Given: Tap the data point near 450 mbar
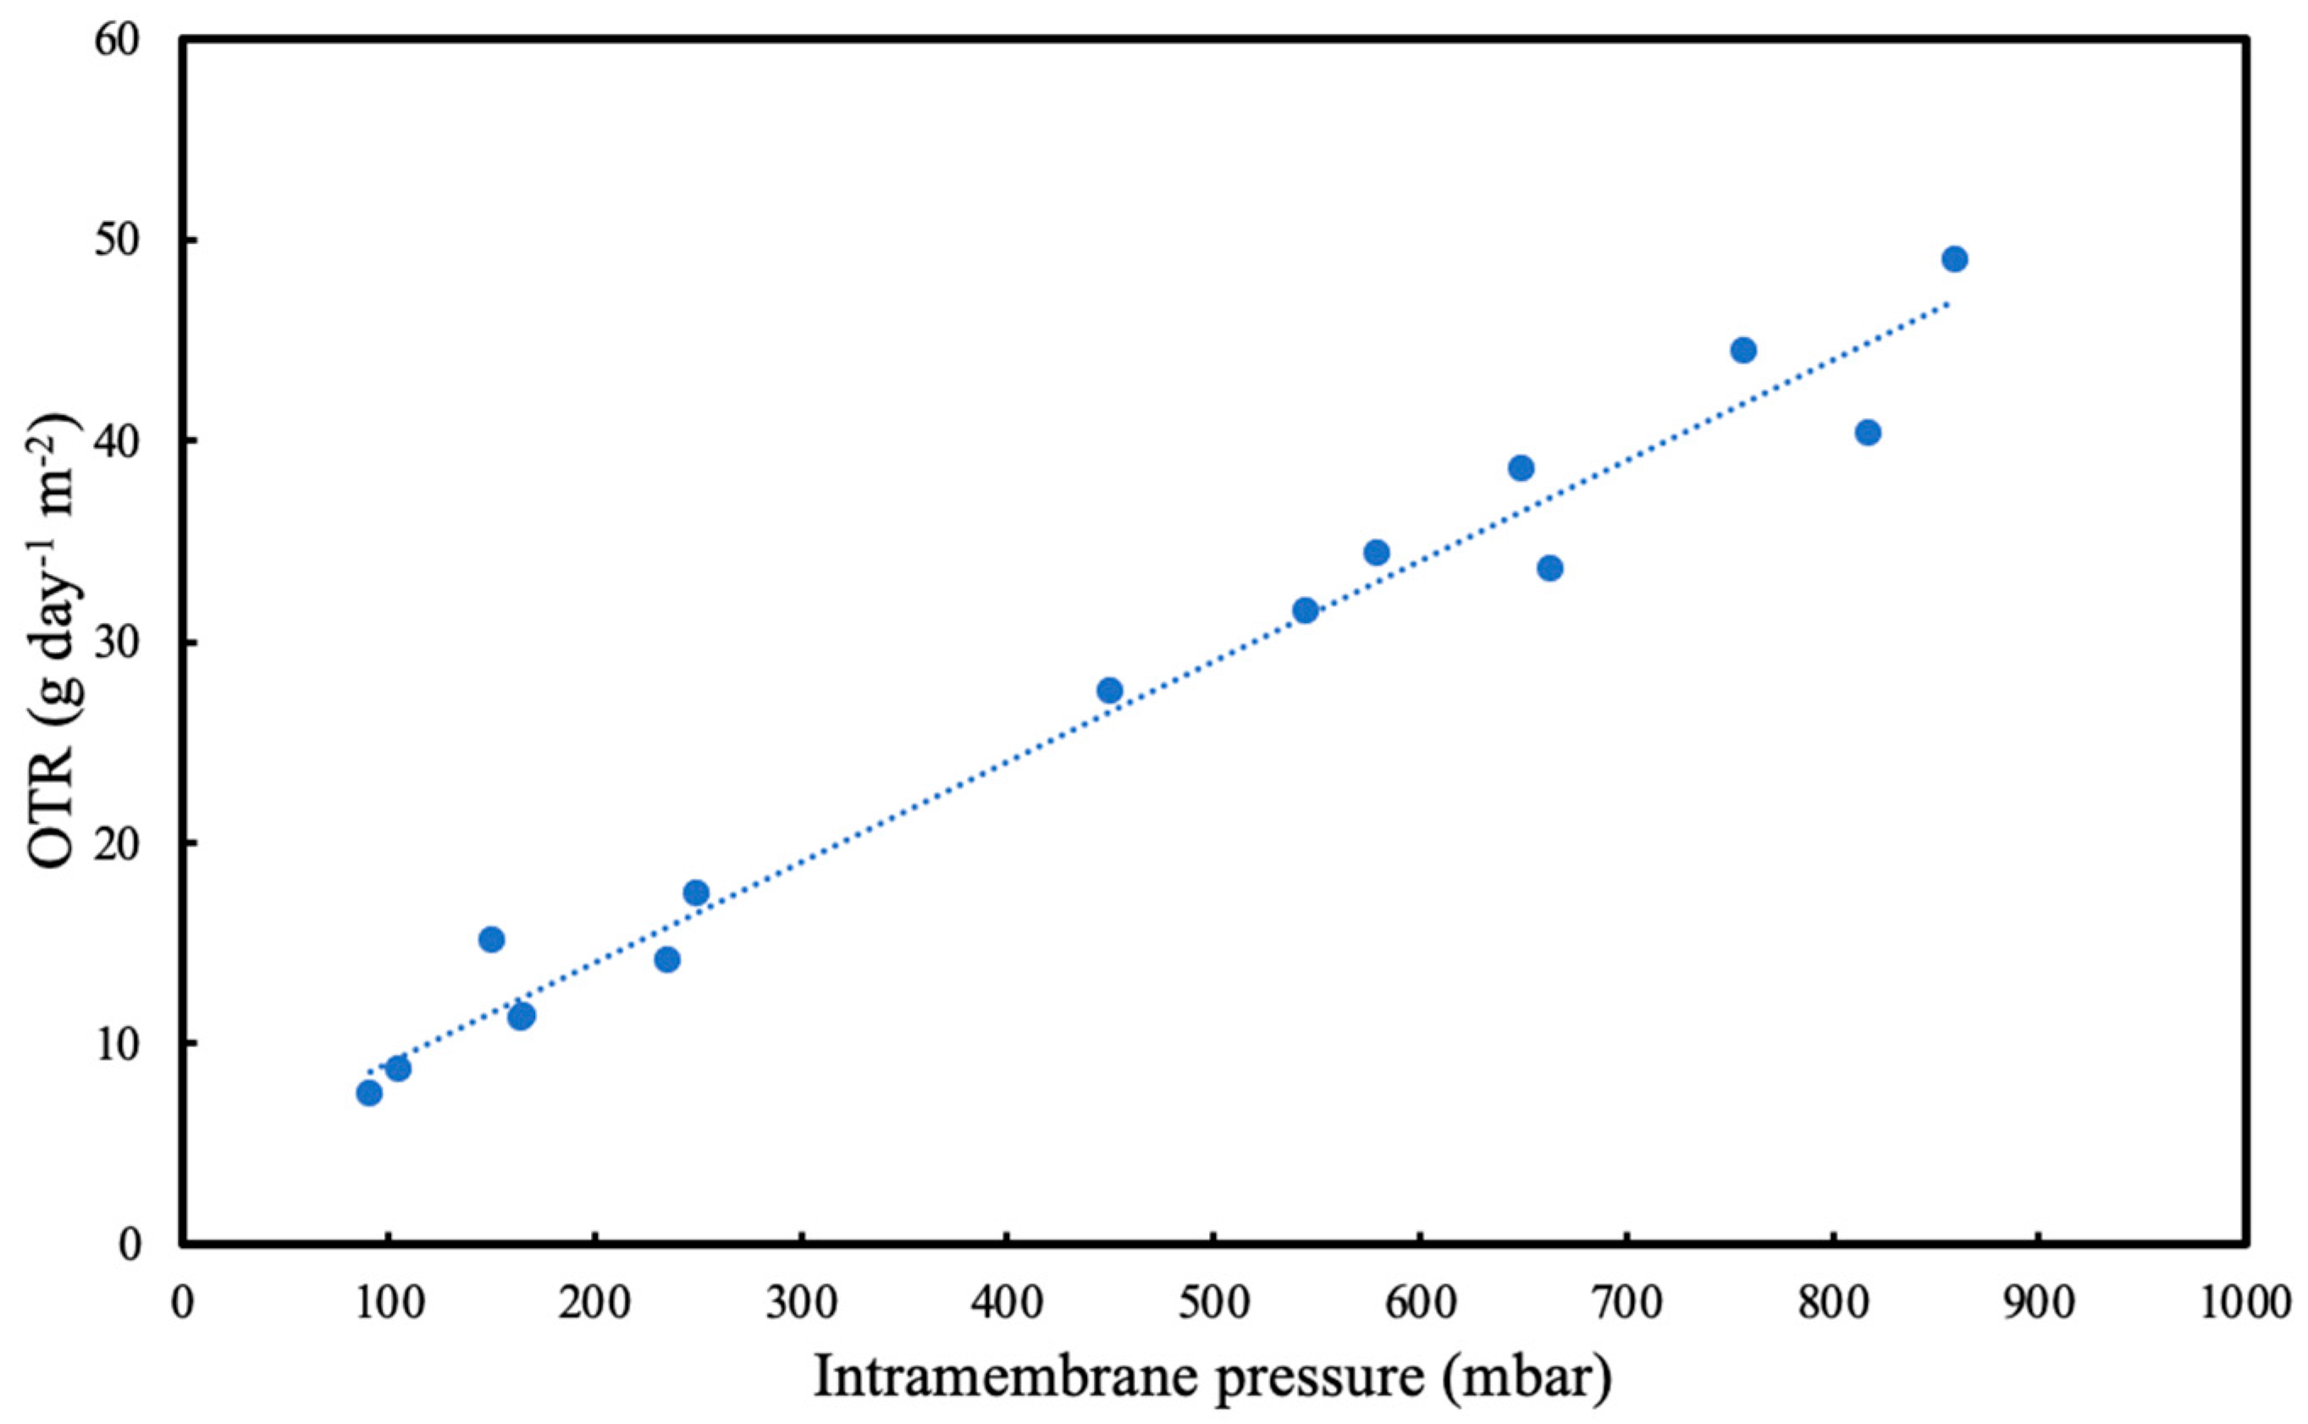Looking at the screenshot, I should (1110, 690).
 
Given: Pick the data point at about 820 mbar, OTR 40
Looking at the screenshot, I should (1869, 433).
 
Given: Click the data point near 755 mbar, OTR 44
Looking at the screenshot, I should (1744, 350).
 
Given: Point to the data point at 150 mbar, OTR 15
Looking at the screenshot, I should (492, 939).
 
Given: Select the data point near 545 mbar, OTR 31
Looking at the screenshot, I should (1306, 610).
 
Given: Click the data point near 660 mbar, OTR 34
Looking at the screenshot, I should (1550, 568).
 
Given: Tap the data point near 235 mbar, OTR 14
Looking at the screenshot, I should (668, 960).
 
